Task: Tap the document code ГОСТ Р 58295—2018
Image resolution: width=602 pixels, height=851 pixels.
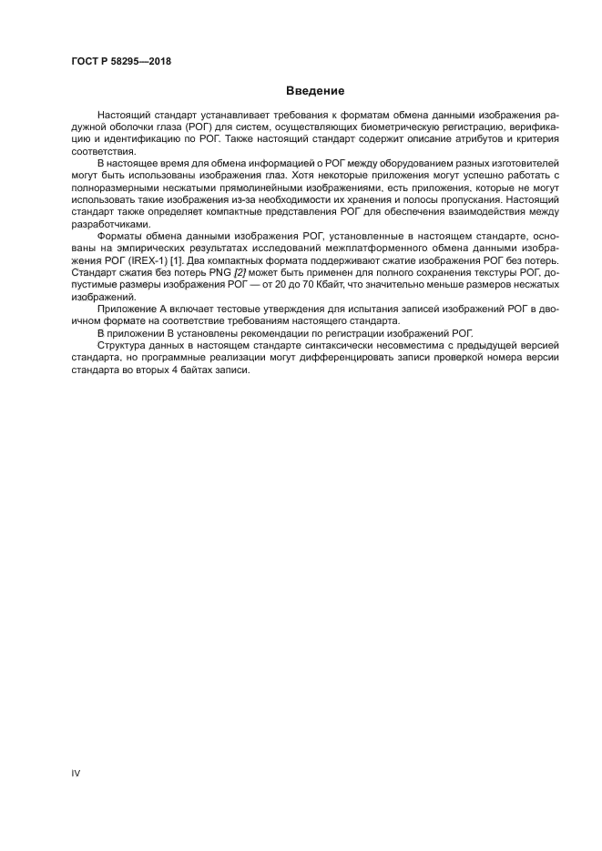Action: (121, 61)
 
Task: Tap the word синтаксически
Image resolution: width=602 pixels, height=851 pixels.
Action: (327, 345)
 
